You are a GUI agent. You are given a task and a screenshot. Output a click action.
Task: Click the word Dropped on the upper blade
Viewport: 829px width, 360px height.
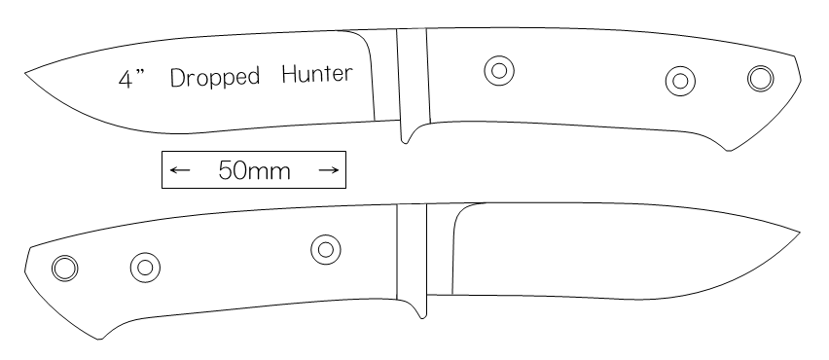[215, 78]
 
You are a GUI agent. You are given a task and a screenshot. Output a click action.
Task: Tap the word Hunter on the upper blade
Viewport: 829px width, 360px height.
[316, 74]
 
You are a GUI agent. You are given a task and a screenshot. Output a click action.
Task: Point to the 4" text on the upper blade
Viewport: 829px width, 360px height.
[131, 79]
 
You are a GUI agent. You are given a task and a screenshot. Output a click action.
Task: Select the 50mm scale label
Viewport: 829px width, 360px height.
[254, 170]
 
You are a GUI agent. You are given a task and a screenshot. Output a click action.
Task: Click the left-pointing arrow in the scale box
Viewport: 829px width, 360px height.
[180, 169]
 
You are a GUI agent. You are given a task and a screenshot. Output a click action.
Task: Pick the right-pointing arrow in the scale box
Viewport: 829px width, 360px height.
[328, 169]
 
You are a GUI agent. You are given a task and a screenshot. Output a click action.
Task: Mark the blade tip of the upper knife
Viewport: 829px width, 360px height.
[25, 74]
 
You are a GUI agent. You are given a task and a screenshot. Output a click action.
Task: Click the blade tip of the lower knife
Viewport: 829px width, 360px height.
[800, 233]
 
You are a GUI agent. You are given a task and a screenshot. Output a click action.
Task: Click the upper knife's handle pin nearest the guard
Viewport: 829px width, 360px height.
[499, 70]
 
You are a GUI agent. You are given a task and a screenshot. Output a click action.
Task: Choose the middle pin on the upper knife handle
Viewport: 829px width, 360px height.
[680, 81]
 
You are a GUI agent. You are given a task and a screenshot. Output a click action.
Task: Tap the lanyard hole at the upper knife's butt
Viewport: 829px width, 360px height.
[761, 79]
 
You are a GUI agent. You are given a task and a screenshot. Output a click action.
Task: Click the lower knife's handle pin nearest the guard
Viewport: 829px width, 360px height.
[326, 249]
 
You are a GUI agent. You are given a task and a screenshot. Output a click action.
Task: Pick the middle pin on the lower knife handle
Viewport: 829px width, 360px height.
[145, 268]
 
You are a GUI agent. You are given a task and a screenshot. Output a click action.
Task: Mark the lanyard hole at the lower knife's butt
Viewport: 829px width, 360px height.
[65, 268]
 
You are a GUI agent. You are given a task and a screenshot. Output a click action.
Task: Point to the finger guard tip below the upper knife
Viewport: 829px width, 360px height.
[405, 142]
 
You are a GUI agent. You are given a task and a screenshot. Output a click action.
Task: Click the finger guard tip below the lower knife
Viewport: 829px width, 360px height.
[422, 317]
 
